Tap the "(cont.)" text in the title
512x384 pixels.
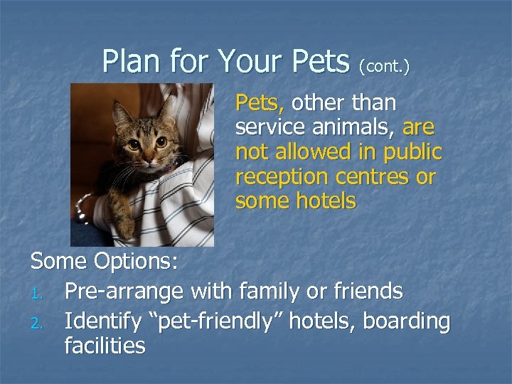point(384,66)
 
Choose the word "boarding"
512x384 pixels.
point(407,322)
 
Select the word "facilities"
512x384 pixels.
point(105,346)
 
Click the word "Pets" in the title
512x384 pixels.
point(318,62)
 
